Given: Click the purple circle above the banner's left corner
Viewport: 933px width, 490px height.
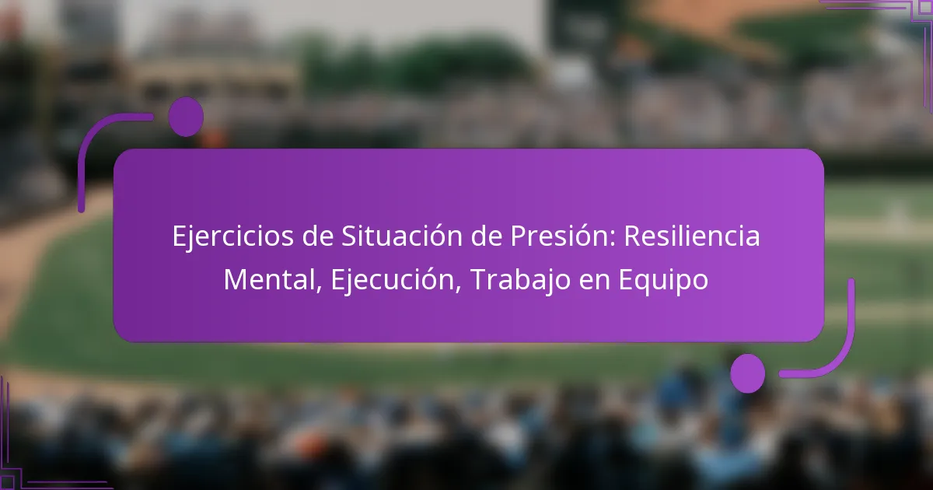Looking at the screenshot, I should (186, 117).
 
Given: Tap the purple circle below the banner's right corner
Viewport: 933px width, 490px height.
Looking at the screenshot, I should (748, 373).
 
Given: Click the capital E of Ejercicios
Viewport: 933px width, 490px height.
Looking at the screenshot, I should (180, 236).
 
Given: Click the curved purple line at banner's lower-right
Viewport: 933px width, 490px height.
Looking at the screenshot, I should (844, 350).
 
